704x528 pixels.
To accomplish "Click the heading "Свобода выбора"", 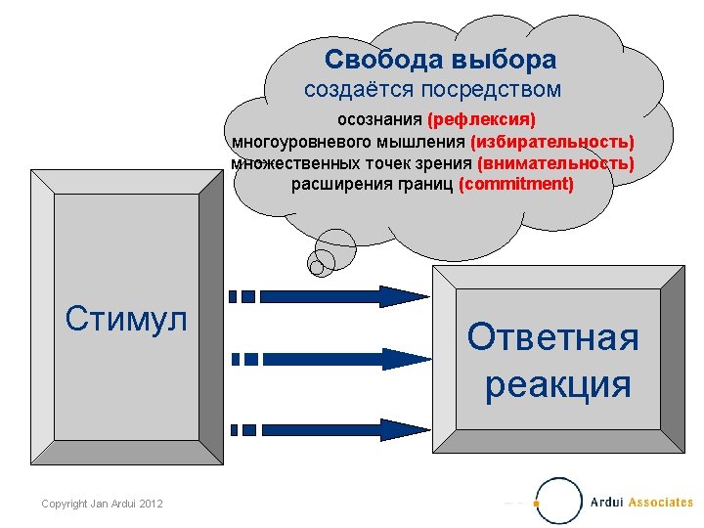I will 440,60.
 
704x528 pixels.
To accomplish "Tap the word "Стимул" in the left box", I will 125,318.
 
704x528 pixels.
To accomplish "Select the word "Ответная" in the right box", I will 552,337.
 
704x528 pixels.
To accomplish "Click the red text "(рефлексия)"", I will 481,120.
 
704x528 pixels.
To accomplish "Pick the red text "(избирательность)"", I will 552,142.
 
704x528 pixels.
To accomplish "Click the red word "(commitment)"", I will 515,183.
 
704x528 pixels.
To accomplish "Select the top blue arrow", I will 332,295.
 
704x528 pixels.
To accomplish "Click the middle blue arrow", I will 332,359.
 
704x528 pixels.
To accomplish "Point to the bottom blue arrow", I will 332,427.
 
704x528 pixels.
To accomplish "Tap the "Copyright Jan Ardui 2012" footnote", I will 102,504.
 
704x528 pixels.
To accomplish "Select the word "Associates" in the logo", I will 661,503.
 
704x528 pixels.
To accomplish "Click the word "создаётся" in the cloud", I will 360,90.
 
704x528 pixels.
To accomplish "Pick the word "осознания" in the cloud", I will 379,120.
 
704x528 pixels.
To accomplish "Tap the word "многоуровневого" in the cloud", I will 297,142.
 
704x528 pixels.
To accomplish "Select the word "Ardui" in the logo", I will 607,503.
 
